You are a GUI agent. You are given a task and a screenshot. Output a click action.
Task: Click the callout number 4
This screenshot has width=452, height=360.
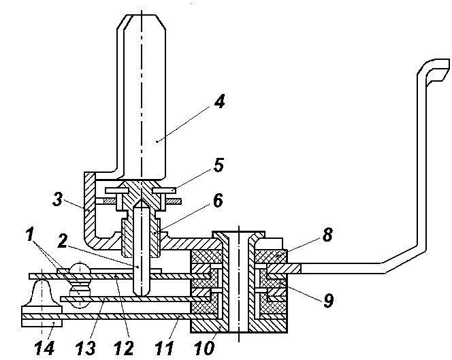tap(220, 101)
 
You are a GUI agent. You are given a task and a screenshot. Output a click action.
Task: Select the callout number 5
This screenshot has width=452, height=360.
tap(219, 165)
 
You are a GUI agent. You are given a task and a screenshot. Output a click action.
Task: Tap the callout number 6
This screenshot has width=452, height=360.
tap(218, 200)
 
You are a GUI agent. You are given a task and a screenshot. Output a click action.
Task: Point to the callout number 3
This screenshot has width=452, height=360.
tap(58, 199)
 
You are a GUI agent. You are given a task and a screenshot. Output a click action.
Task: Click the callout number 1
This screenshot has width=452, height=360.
tap(30, 234)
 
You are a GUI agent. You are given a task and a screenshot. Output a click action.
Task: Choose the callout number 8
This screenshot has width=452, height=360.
tap(327, 235)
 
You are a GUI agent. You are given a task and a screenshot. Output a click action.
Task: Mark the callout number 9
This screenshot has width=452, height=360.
tap(328, 301)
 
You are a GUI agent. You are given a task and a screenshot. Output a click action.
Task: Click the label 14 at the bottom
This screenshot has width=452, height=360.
tap(44, 348)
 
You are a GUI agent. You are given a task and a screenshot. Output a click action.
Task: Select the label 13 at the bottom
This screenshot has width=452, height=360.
tap(85, 348)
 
